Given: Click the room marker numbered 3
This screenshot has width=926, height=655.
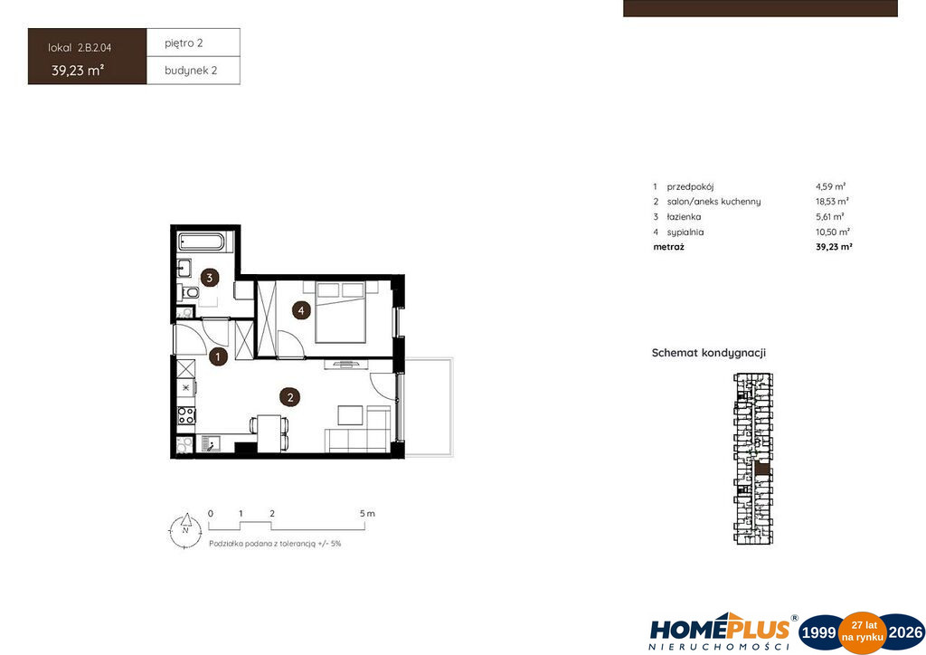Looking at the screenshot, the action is tap(210, 277).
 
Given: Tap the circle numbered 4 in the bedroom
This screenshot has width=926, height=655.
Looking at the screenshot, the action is tap(301, 310).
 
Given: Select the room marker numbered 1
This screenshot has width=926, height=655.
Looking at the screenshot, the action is tap(218, 356).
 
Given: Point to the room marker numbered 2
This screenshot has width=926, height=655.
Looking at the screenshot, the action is tap(290, 397).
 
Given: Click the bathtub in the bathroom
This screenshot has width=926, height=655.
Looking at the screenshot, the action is tap(202, 242).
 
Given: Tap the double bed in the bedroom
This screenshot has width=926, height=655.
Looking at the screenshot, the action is tap(340, 311).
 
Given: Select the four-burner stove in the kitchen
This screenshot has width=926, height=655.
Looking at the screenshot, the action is tap(186, 415).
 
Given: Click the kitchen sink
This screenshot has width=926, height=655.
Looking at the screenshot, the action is tap(210, 443).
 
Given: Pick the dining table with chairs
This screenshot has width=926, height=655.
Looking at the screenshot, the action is tap(269, 433).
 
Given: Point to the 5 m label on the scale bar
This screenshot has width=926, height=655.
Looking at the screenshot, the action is tap(367, 513).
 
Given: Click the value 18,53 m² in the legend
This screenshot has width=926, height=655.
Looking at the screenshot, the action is tap(832, 202).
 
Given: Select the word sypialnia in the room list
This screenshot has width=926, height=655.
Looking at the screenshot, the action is tap(685, 233).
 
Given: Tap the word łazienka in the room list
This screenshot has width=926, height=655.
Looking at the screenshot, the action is tap(684, 217).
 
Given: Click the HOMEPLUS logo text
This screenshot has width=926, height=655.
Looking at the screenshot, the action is tap(720, 629).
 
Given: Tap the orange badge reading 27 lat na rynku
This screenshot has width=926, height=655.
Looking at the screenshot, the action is tap(863, 632).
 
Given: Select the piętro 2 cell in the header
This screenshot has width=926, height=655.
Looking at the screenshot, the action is tap(194, 43).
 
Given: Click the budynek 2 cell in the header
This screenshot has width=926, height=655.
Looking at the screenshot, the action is tap(194, 71).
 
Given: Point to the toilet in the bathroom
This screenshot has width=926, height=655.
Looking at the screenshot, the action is tap(189, 292).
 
